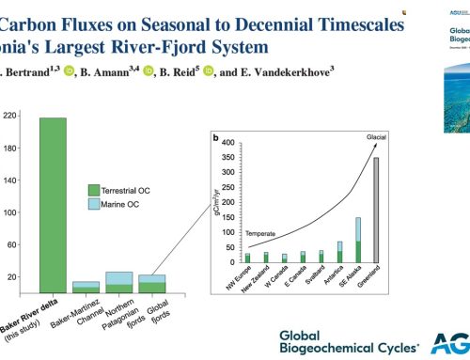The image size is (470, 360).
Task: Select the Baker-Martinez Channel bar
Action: (86, 287)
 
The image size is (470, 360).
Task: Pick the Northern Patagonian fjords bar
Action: (119, 282)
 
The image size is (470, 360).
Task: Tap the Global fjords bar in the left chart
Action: (151, 284)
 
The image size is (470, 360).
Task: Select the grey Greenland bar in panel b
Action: (376, 197)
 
